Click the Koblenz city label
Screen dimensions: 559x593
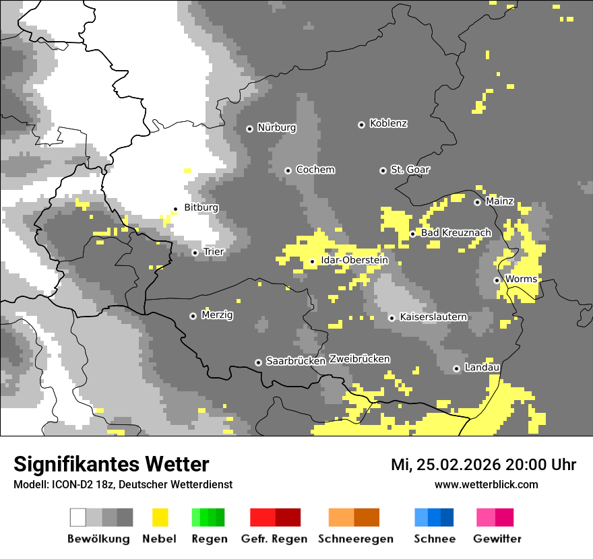click(388, 124)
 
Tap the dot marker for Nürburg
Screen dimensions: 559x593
click(249, 128)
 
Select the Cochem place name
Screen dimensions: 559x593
click(315, 170)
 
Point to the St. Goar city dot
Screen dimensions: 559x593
click(383, 170)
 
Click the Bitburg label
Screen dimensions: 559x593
click(201, 208)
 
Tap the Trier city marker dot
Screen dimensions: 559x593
click(195, 253)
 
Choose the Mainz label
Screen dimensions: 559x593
click(499, 201)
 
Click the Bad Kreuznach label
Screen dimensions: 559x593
click(456, 233)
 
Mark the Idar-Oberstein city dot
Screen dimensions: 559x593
click(312, 261)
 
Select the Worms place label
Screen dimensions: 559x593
click(521, 279)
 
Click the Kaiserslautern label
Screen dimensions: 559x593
click(433, 317)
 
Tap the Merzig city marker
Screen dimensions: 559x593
click(193, 316)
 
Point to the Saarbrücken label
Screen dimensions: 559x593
click(296, 362)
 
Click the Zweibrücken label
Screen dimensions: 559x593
click(359, 359)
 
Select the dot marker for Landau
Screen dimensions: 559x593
click(456, 368)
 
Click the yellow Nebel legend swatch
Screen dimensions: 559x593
click(160, 517)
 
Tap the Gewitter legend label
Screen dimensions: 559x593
click(497, 539)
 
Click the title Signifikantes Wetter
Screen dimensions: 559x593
click(111, 465)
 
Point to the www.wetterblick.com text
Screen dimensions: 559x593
click(486, 485)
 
